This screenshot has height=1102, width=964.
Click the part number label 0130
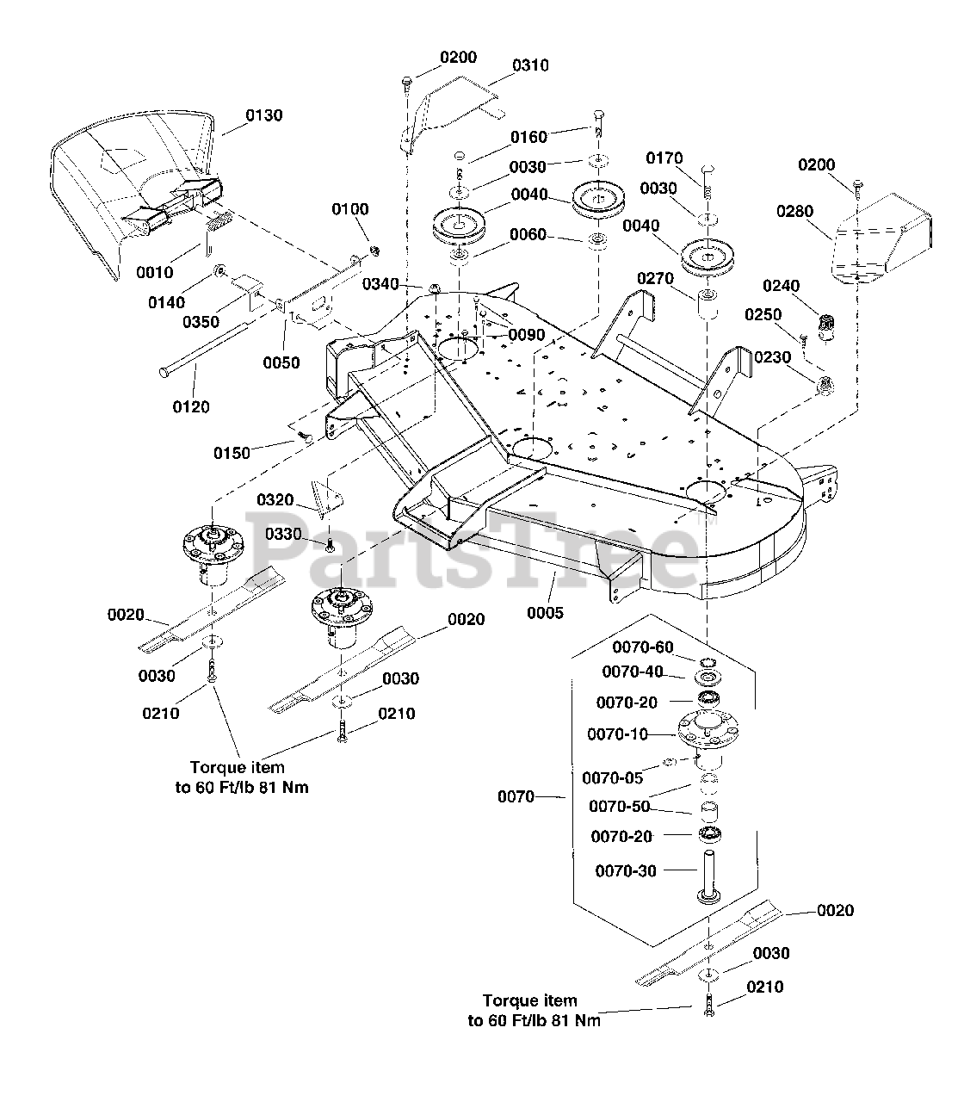(x=264, y=115)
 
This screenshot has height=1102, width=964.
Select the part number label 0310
(x=530, y=65)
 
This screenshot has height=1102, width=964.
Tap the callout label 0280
(x=795, y=211)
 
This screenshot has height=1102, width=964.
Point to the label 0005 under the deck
(x=545, y=613)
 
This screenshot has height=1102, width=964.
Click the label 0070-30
(x=626, y=871)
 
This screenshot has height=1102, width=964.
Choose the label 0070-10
(x=618, y=734)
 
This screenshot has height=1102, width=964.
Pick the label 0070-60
(x=643, y=647)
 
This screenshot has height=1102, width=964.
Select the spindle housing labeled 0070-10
(x=708, y=739)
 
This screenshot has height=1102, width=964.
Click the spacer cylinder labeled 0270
(x=708, y=304)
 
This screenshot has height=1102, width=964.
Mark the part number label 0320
(x=275, y=500)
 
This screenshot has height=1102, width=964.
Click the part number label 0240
(x=781, y=286)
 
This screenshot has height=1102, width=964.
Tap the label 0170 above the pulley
(x=664, y=158)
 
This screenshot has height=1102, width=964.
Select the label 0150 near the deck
(x=232, y=453)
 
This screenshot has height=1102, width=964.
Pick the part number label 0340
(x=380, y=284)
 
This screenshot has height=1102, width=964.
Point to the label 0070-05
(x=613, y=777)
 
